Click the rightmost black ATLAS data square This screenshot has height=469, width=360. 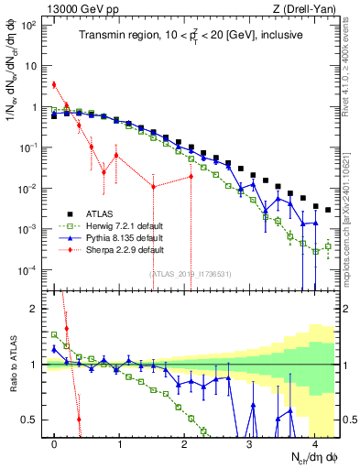pos(328,210)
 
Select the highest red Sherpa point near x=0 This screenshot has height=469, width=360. pos(54,84)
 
